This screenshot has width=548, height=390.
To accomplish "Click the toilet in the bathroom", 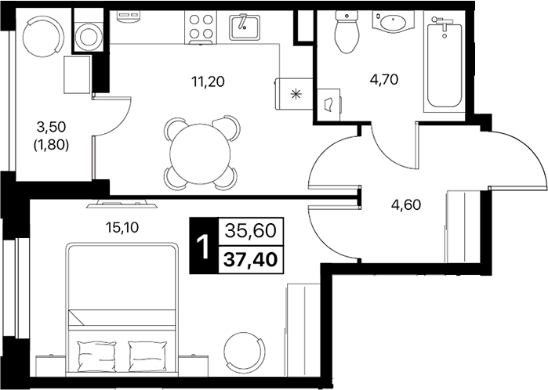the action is pos(347,32).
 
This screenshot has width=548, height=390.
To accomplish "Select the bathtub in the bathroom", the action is pos(445,62).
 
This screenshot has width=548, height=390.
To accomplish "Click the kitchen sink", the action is pos(245,27).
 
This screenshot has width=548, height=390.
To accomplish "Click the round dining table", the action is pos(200,153).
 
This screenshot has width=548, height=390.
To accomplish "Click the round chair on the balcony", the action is pos(43,36).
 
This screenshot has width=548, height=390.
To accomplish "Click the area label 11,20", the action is pos(208,82).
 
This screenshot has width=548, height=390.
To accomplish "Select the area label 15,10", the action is pos(122,228).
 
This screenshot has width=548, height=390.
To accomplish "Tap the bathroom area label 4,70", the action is pos(384,80).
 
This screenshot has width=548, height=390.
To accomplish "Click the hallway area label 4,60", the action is pos(406,205).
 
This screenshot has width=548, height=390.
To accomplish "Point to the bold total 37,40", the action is pos(251,259).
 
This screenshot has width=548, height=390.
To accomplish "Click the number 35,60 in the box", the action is pos(251,231).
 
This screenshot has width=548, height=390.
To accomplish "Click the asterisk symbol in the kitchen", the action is pos(296,94).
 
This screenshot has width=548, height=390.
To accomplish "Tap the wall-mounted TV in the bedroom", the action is pos(122,204).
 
